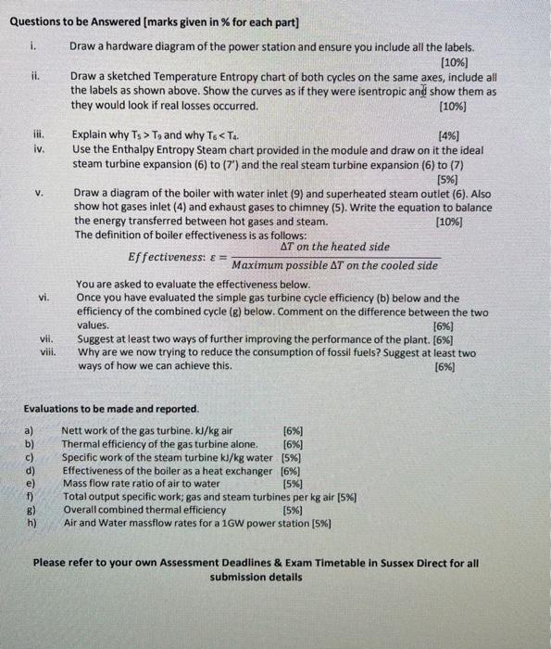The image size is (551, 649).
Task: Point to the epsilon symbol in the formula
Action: tap(214, 256)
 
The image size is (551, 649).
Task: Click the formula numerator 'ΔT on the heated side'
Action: tap(334, 247)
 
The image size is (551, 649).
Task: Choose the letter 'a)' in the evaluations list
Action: tap(31, 429)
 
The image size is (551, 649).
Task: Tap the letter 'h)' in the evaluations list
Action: tap(31, 523)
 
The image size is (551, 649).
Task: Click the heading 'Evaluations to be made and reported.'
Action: tap(98, 409)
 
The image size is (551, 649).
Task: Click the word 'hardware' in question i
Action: tap(136, 46)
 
